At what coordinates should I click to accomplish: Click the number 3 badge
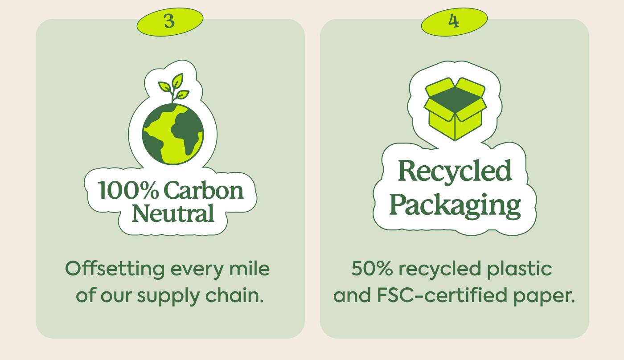(x=169, y=21)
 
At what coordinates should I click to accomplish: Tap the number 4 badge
(x=454, y=21)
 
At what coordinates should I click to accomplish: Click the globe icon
(x=173, y=134)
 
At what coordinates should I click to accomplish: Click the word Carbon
(x=204, y=191)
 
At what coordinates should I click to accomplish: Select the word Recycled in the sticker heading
(x=455, y=171)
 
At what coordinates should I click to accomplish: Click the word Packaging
(x=455, y=205)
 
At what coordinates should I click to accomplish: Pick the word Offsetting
(x=115, y=269)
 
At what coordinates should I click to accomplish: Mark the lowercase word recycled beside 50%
(x=439, y=269)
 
